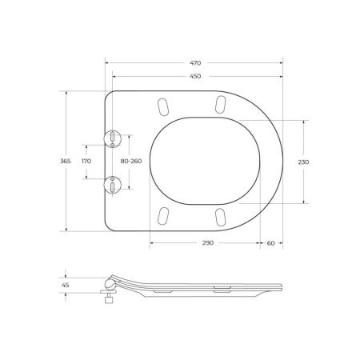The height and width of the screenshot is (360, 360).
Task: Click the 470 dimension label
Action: (x=195, y=63)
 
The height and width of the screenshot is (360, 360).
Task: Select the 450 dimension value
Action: (x=195, y=76)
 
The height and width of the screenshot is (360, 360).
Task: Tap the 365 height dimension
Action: (x=66, y=161)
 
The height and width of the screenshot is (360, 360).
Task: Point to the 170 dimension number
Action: (x=86, y=161)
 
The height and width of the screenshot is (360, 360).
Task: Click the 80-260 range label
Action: (x=131, y=161)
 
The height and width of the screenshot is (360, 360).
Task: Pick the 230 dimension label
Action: (x=303, y=162)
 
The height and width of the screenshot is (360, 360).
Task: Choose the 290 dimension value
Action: (x=208, y=243)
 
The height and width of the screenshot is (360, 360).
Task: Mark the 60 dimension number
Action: (x=270, y=243)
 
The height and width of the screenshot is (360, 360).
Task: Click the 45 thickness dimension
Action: (x=66, y=285)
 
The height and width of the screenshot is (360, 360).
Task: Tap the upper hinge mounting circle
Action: (x=112, y=138)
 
